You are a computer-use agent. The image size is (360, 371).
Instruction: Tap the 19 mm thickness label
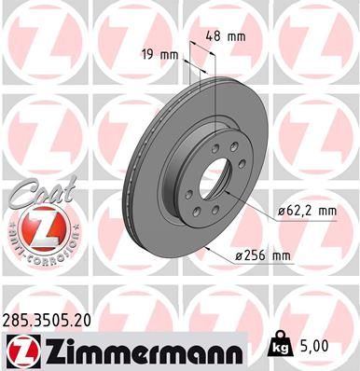[x=159, y=54]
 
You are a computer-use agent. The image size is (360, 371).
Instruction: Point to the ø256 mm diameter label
[x=264, y=255]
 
